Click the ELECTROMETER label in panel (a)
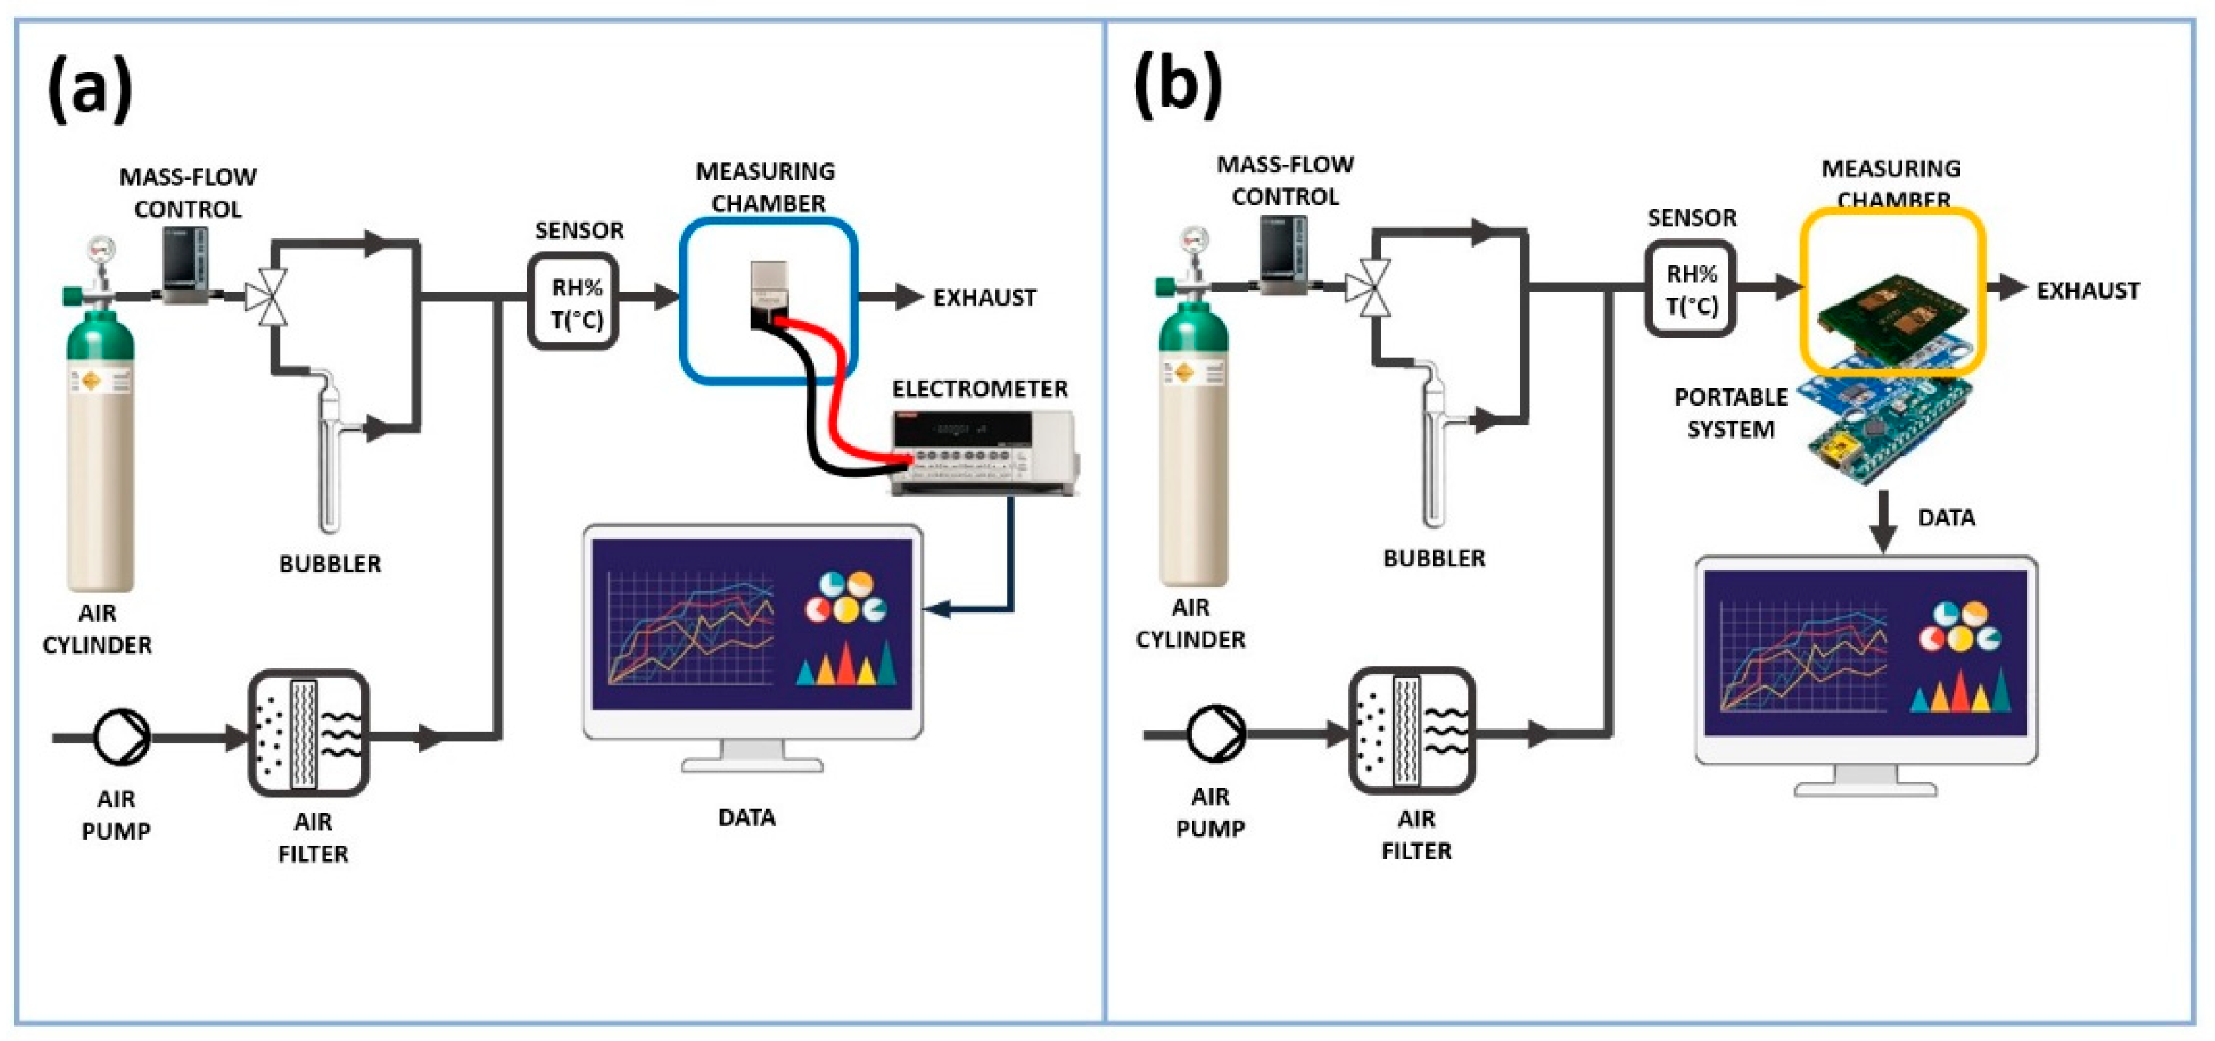(x=979, y=388)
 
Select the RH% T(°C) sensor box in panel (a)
(x=573, y=302)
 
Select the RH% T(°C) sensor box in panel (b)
(x=1690, y=289)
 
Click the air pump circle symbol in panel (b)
(x=1215, y=733)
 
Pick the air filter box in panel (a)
(x=308, y=733)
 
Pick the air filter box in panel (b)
(x=1412, y=730)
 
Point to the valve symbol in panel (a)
(x=269, y=298)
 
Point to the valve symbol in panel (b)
(x=1370, y=286)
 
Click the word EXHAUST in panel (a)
(x=985, y=298)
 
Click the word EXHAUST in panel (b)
(x=2088, y=290)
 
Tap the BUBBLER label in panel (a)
(x=330, y=563)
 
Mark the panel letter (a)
(x=89, y=88)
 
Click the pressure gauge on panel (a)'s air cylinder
(x=102, y=249)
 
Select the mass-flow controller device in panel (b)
(x=1284, y=255)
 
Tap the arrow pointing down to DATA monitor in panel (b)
(x=1883, y=520)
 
